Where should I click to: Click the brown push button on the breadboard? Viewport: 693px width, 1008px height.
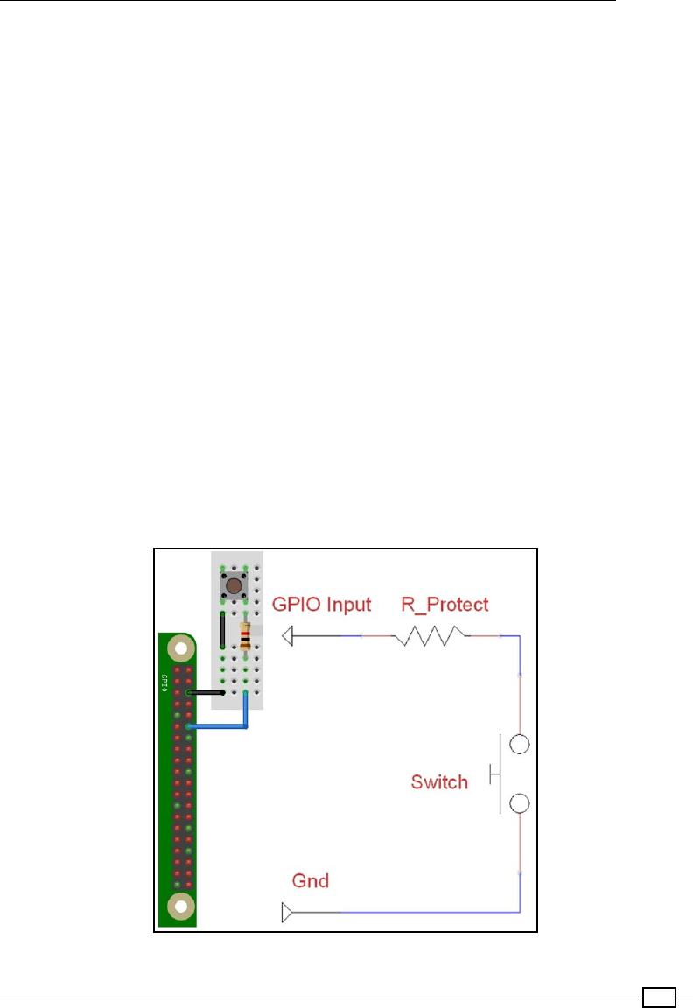(x=234, y=584)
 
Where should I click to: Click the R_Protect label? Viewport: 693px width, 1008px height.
(x=444, y=604)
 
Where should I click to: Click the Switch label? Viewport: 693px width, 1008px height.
(x=439, y=781)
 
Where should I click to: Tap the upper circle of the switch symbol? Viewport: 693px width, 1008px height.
(x=520, y=745)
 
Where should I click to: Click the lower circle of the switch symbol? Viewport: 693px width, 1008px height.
(x=520, y=803)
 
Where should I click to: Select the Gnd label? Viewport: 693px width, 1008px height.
(x=310, y=881)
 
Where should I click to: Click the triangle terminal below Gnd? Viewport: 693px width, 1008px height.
(x=287, y=913)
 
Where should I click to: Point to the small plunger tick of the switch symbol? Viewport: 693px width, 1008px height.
(x=493, y=773)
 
